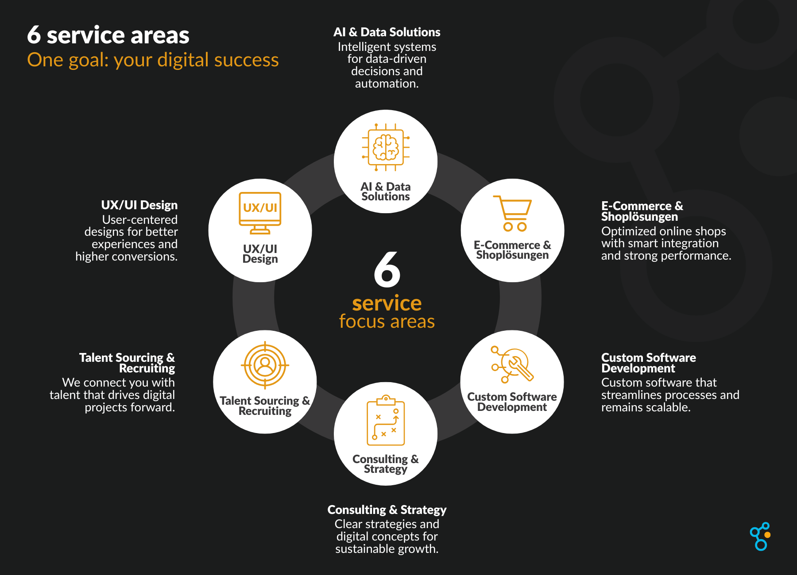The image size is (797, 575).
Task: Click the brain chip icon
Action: click(386, 147)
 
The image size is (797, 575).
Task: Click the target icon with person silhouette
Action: click(265, 365)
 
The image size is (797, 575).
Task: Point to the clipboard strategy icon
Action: click(386, 421)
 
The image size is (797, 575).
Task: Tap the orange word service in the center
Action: click(387, 303)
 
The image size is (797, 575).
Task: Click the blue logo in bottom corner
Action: click(761, 536)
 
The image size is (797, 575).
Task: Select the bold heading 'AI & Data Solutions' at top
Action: click(387, 32)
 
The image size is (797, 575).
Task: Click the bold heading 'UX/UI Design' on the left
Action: click(139, 205)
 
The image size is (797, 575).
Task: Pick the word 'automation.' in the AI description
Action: click(387, 84)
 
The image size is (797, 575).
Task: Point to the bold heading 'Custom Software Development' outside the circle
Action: click(648, 363)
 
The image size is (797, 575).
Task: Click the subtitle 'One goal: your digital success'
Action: click(153, 60)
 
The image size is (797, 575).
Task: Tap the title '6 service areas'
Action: click(108, 35)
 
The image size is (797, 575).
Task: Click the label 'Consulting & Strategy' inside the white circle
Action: click(386, 464)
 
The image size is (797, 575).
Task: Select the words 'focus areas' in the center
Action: click(387, 322)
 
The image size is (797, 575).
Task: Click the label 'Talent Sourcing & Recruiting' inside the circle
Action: click(265, 406)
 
